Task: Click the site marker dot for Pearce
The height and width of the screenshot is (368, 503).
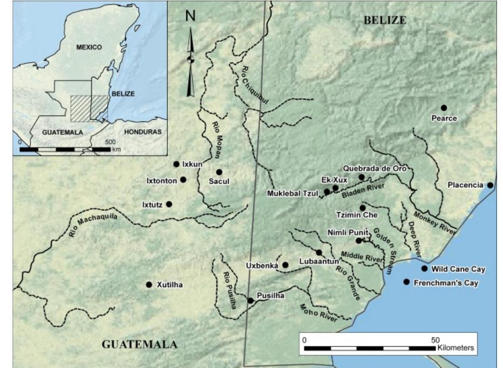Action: point(444,108)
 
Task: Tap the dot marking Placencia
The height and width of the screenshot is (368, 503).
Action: point(490,185)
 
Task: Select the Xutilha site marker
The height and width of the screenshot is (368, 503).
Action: point(149,284)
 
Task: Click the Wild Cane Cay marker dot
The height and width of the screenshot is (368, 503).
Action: point(425,268)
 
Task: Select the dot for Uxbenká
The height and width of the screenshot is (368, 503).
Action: point(286,264)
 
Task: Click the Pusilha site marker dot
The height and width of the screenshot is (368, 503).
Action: point(250,300)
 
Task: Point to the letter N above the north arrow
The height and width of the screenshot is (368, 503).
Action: point(190,16)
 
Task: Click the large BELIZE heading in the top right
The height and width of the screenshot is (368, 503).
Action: point(384,21)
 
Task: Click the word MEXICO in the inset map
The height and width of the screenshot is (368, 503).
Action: point(89,47)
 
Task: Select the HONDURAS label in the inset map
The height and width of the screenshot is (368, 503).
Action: point(142,131)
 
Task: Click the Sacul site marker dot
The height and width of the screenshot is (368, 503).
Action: point(219,172)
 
